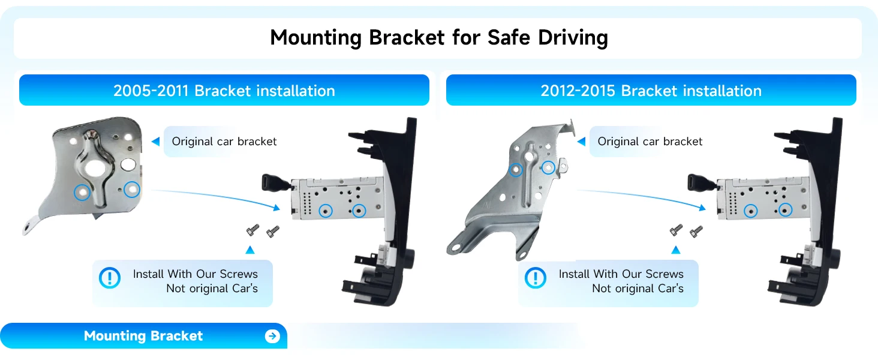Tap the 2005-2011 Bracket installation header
point(224,90)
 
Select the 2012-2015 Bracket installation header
point(651,90)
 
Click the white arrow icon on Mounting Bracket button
point(272,336)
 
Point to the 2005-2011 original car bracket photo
point(85,173)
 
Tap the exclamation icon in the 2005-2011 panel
point(110,278)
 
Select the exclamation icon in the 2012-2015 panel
point(536,278)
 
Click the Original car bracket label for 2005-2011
point(224,142)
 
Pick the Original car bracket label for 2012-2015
point(650,142)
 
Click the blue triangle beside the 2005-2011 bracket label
point(156,142)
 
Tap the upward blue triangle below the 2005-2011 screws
point(250,250)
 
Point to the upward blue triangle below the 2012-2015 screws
point(676,250)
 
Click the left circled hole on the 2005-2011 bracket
point(82,192)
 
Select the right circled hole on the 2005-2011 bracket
point(132,190)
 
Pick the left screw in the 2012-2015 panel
point(676,230)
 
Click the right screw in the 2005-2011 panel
point(273,232)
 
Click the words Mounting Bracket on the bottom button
point(143,336)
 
